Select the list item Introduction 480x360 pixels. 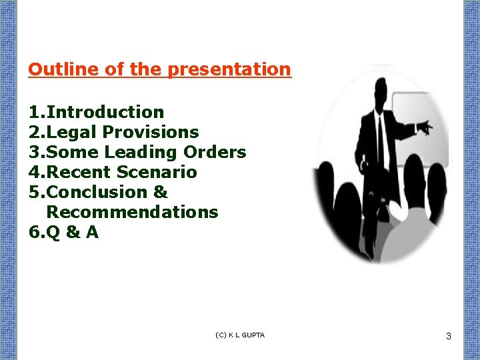pos(105,112)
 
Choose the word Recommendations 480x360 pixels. pos(132,212)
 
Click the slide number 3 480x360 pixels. pos(449,337)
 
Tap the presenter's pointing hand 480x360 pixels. pos(424,126)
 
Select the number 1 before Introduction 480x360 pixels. pos(33,112)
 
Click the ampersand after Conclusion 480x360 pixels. pos(160,192)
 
